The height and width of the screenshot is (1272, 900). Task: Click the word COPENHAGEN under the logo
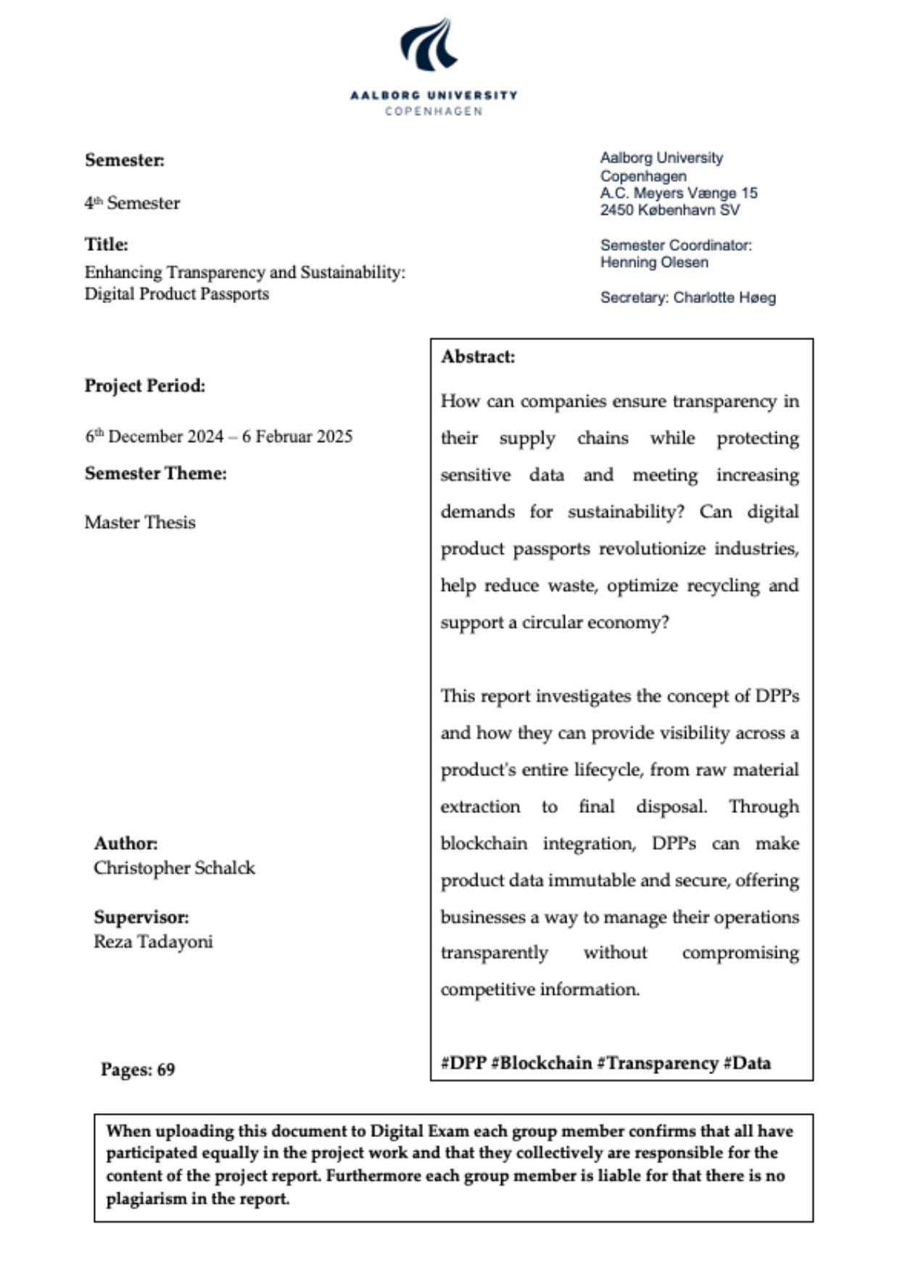point(434,112)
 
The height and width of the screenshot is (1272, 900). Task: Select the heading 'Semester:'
point(125,160)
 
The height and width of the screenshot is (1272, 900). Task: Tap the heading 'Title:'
point(107,244)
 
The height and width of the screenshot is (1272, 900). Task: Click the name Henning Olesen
point(654,263)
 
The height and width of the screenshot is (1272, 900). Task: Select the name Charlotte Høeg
point(724,298)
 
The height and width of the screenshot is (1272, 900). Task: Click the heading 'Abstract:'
point(478,357)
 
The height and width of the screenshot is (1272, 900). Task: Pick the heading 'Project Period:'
point(145,386)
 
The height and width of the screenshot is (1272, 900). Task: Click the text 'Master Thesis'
point(140,523)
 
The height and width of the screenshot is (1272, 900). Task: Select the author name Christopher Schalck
point(174,868)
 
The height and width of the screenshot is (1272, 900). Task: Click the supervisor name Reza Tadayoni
point(153,942)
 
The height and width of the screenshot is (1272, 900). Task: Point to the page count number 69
point(166,1070)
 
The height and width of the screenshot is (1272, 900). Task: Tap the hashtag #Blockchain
point(541,1063)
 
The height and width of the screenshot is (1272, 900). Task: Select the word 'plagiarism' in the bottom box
point(146,1199)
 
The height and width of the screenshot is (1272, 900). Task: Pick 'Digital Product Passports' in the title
point(176,294)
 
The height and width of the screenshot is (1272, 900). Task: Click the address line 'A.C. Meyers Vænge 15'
point(678,194)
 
